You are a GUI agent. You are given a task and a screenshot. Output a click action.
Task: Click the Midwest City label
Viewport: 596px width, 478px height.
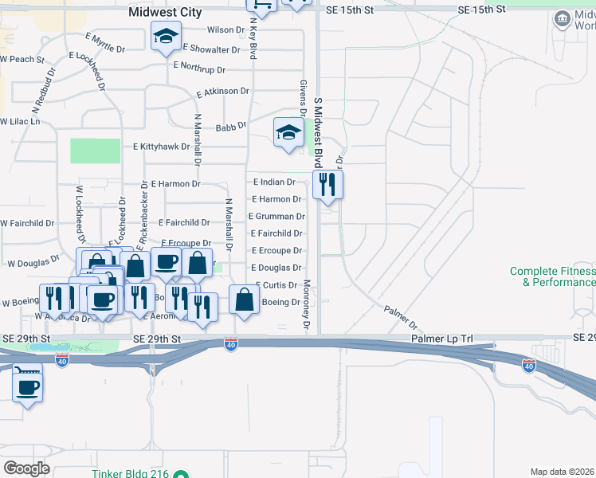click(x=165, y=13)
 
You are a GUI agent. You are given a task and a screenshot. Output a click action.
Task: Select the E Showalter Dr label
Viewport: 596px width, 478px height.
click(x=212, y=49)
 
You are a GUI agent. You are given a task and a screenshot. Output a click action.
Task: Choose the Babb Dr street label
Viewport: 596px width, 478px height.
click(x=231, y=126)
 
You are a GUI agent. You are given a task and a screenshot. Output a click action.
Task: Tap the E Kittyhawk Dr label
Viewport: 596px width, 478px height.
click(x=162, y=147)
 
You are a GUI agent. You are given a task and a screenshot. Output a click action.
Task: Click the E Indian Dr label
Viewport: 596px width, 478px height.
click(x=274, y=182)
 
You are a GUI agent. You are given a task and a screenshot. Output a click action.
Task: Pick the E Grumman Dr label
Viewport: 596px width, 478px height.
click(x=276, y=216)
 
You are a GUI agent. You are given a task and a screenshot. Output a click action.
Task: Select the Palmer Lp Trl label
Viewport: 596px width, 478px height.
click(x=442, y=339)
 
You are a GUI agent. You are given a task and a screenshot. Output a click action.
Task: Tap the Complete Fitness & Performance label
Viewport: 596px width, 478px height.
click(x=553, y=276)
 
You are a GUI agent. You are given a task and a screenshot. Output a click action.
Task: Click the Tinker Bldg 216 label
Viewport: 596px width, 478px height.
click(x=130, y=474)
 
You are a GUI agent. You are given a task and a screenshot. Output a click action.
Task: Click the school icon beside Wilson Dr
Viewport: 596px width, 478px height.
click(x=167, y=37)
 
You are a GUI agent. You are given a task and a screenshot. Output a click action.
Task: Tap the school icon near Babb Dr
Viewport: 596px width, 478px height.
click(x=288, y=132)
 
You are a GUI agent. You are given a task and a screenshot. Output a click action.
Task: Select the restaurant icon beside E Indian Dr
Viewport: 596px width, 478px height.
click(x=327, y=184)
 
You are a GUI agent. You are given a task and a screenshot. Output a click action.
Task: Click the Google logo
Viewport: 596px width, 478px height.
click(x=26, y=468)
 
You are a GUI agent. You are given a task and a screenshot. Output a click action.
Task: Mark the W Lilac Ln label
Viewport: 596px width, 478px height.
click(x=19, y=122)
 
